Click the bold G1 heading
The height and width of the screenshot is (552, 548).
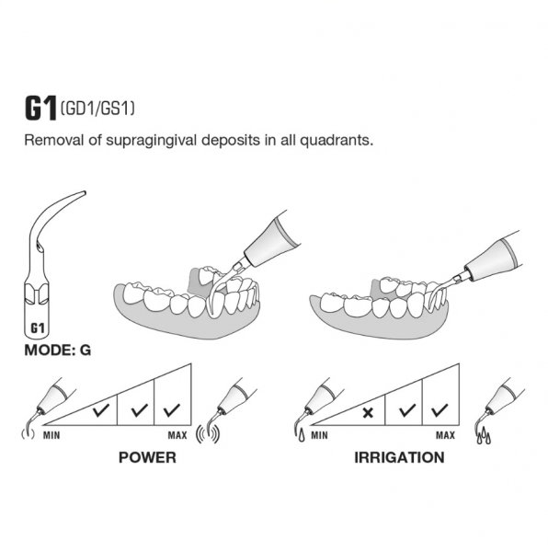coord(40,109)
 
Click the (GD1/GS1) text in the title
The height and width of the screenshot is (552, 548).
coord(97,109)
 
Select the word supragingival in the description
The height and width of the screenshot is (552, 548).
coord(151,141)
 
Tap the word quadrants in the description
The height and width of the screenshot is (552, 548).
coord(336,141)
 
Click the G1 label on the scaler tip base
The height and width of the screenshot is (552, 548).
coord(38,328)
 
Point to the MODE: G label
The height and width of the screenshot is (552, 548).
coord(58,350)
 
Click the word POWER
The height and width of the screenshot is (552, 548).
coord(147,457)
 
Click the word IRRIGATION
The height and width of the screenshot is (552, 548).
coord(399,457)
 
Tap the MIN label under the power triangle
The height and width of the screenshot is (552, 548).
coord(51,435)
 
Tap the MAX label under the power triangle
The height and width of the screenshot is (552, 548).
coord(177,435)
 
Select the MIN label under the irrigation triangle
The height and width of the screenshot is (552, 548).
coord(319,435)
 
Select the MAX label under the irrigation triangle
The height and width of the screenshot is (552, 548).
coord(445,435)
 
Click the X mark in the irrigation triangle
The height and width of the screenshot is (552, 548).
coord(368,412)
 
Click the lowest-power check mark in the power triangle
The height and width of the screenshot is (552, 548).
coord(101,410)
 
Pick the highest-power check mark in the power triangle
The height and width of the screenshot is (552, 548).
coord(172,410)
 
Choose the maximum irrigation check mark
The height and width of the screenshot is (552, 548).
coord(440,410)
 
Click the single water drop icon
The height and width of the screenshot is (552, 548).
coord(302,436)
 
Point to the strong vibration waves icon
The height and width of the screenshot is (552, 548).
coord(208,434)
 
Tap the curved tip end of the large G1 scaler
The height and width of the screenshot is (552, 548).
coord(84,193)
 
